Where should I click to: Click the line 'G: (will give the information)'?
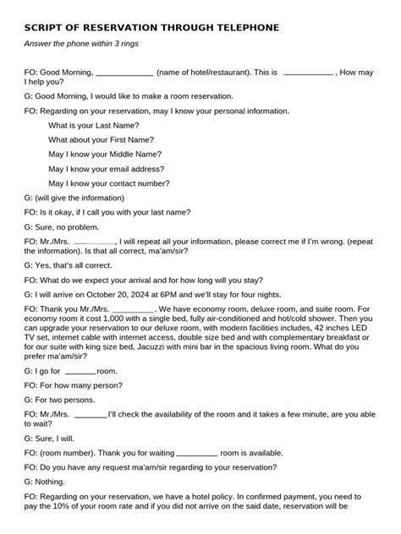tap(80, 198)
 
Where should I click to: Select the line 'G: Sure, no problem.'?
tap(62, 227)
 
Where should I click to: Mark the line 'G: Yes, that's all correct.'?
tap(73, 264)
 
